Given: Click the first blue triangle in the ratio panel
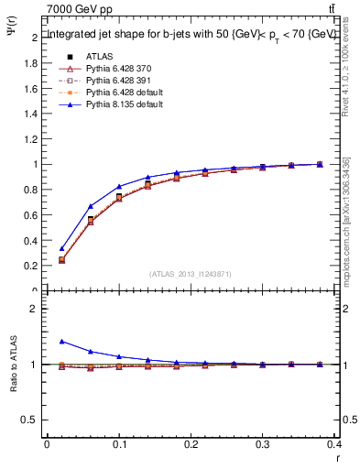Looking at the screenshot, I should (x=61, y=341).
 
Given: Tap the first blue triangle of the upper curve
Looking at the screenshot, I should (x=61, y=248).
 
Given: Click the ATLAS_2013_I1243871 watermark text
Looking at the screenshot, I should (x=191, y=274).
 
